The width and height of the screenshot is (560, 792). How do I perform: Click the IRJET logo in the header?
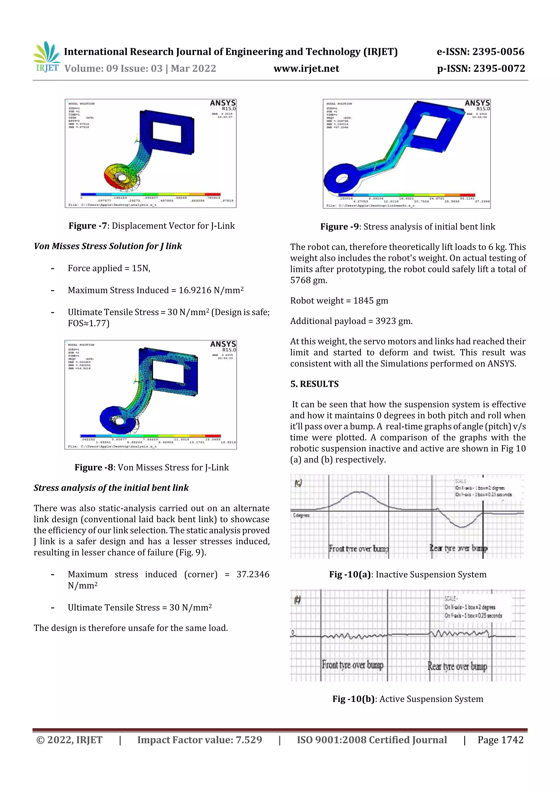tap(46, 57)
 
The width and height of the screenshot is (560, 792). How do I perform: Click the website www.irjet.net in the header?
tap(306, 69)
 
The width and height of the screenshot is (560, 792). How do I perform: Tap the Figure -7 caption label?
tap(88, 226)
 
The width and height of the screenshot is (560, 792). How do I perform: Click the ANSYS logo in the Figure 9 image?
tap(477, 103)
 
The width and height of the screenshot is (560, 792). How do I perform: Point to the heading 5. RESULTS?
tap(314, 384)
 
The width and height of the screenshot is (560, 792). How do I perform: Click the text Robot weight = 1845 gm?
tap(339, 300)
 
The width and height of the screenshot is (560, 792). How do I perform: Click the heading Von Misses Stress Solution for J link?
tap(108, 246)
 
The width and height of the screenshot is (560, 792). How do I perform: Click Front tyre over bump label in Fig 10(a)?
tap(358, 548)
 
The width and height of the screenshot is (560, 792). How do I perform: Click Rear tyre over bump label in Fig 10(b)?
tap(457, 666)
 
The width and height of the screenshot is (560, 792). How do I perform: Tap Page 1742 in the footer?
tap(500, 740)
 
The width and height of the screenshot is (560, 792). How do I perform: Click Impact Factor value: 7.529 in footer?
tap(199, 740)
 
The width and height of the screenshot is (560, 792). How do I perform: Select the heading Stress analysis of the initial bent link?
tap(111, 488)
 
